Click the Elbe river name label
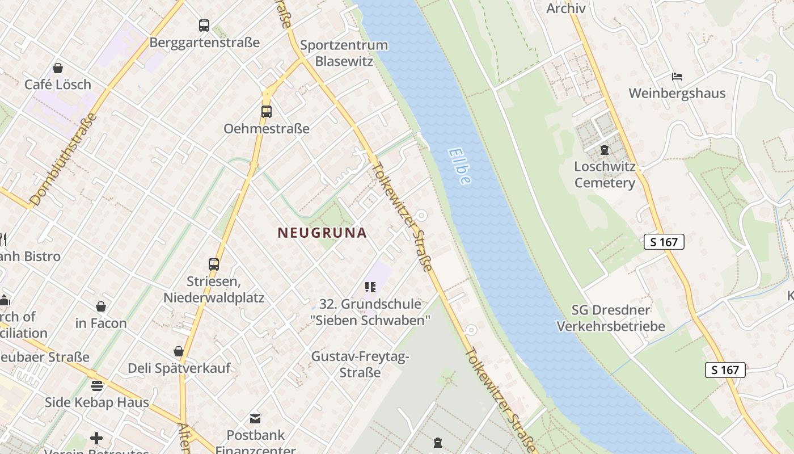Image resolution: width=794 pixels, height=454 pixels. tap(459, 166)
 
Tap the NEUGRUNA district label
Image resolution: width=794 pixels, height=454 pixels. tap(322, 233)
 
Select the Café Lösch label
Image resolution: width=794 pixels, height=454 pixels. tap(58, 85)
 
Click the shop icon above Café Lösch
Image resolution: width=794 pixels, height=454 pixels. tap(58, 69)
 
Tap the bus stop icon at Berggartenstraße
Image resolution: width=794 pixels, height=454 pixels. tap(204, 26)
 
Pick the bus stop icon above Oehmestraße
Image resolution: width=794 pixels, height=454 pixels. tap(267, 112)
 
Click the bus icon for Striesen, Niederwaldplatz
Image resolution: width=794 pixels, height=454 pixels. tap(214, 264)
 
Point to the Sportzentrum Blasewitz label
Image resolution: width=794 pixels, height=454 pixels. tap(344, 53)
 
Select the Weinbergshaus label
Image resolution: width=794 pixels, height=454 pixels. tap(677, 93)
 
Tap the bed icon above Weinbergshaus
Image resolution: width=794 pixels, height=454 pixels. tap(677, 77)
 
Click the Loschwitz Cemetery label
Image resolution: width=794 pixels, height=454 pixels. tap(605, 175)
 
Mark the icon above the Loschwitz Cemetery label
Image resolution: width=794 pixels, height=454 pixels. tap(605, 150)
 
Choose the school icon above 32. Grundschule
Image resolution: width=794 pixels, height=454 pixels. tap(370, 287)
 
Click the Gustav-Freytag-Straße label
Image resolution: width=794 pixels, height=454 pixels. tap(360, 364)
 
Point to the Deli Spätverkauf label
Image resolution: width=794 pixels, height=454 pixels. tap(179, 368)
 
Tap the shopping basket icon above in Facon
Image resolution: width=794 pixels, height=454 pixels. tap(101, 307)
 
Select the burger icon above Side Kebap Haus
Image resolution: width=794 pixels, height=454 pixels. tap(97, 386)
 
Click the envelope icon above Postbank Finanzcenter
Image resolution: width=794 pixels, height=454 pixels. tap(255, 419)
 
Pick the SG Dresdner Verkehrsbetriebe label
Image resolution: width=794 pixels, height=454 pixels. tap(611, 318)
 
